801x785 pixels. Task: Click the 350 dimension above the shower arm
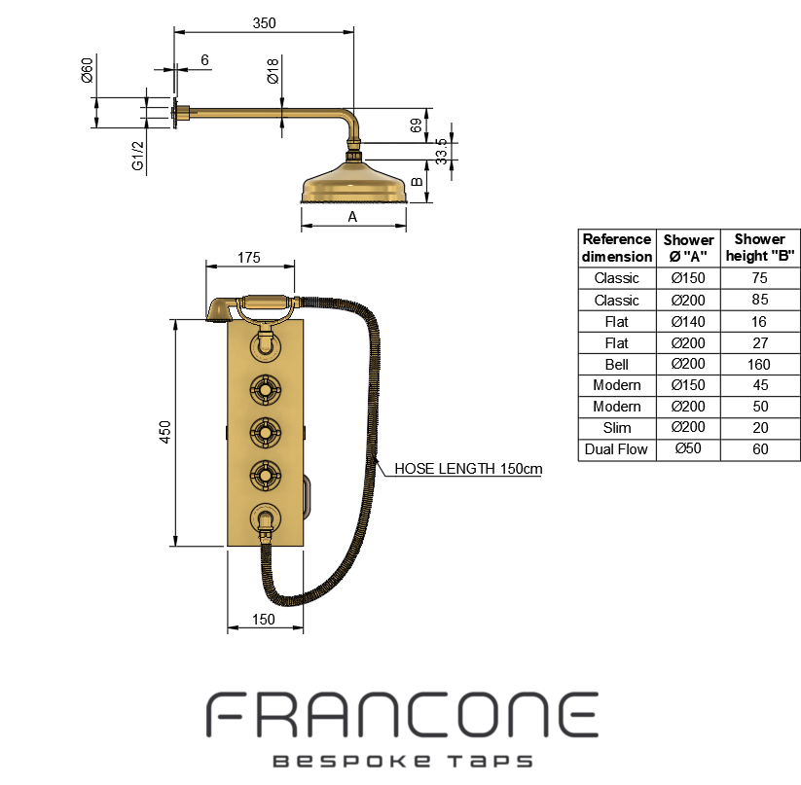coord(264,23)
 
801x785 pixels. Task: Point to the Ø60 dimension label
coord(88,70)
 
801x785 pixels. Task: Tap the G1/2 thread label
coord(138,156)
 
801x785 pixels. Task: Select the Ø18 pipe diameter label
coord(273,70)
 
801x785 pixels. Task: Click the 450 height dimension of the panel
coord(165,432)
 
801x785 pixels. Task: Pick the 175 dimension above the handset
coord(249,258)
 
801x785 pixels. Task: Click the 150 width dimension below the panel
coord(264,619)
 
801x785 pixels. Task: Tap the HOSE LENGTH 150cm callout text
coord(468,469)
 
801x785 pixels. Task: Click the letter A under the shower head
coord(352,217)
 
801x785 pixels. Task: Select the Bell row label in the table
coord(617,365)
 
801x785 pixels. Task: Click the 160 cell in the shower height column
coord(759,365)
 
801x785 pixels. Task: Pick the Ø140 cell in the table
coord(688,322)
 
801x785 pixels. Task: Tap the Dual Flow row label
coord(616,449)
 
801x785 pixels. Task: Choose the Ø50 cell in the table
coord(688,448)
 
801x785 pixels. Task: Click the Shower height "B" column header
coord(760,247)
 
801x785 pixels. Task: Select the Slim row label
coord(617,428)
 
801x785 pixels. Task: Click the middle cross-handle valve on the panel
coord(266,433)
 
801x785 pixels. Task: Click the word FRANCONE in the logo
coord(402,715)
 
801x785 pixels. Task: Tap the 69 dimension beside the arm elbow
coord(417,125)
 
